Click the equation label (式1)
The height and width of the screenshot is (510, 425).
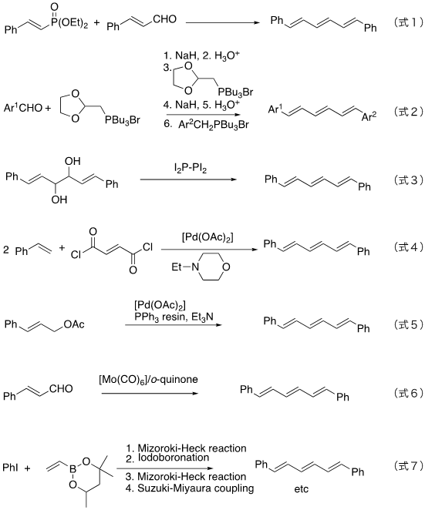tap(408, 22)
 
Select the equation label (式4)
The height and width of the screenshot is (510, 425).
tap(408, 247)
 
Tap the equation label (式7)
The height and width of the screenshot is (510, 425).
tap(408, 465)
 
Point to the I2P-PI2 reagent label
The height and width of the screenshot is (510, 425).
tap(191, 169)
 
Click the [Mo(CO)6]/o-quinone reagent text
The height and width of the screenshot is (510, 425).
tap(149, 380)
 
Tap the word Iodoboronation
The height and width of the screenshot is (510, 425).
tap(174, 458)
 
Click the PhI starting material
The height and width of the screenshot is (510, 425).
tap(11, 468)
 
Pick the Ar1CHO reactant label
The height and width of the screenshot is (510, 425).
tap(23, 107)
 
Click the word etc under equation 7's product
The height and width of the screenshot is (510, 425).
tap(301, 489)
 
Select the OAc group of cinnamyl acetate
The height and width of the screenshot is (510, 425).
tap(74, 324)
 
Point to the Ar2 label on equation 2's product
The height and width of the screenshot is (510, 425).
tap(369, 116)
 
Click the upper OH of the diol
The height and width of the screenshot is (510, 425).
tap(73, 161)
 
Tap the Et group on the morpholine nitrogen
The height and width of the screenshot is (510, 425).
tap(177, 267)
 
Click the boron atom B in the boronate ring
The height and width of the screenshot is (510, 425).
tap(73, 468)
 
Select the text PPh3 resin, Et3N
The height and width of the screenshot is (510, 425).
tap(174, 317)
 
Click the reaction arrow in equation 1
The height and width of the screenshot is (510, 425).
tap(223, 23)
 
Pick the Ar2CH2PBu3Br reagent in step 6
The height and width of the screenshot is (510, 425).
tap(214, 125)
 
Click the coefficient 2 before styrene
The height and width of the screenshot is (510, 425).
tap(6, 250)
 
